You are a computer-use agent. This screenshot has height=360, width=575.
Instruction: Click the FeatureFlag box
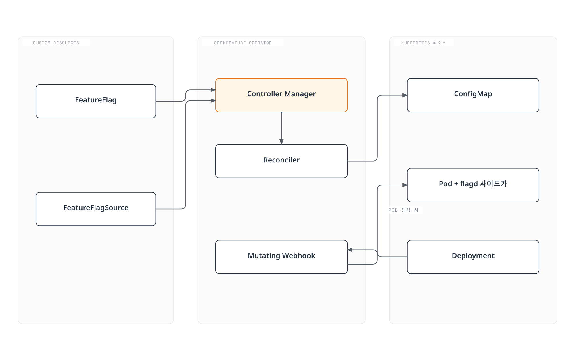click(96, 101)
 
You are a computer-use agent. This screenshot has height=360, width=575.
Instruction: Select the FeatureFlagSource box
click(96, 209)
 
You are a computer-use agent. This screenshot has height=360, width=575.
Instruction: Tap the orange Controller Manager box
click(281, 95)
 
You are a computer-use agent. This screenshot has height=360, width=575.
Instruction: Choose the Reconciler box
click(281, 161)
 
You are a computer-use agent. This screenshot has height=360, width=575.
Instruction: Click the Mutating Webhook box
click(281, 257)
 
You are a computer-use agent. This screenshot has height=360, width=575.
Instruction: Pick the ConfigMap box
click(473, 95)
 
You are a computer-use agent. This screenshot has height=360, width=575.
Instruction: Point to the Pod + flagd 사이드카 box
click(473, 185)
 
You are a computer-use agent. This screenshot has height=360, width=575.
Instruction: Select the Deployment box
click(473, 257)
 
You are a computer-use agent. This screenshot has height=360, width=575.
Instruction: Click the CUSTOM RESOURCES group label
click(56, 43)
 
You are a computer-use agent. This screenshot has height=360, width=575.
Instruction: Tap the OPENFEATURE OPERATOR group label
click(243, 43)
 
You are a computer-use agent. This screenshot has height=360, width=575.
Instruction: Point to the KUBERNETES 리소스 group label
click(424, 43)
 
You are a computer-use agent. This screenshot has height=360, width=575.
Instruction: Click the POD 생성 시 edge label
click(403, 210)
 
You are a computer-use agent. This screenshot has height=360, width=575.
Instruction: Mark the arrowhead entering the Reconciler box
click(281, 142)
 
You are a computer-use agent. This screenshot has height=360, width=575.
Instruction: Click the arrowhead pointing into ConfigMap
click(405, 95)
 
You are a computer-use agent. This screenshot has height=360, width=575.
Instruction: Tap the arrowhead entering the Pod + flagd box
click(405, 185)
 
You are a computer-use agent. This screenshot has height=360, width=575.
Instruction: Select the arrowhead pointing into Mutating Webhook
click(350, 250)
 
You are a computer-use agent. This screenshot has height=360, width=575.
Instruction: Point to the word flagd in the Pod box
click(469, 184)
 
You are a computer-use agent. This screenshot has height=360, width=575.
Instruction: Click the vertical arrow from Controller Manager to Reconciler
click(281, 128)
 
